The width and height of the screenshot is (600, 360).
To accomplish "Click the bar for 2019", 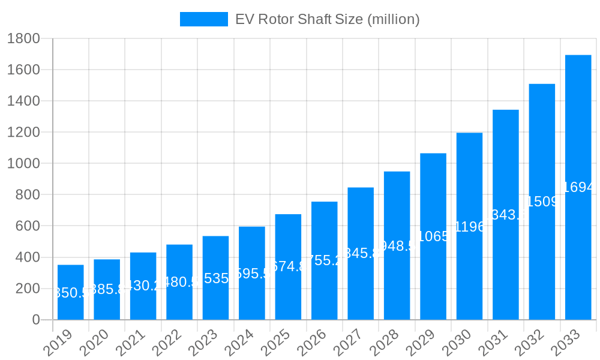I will tap(70, 292).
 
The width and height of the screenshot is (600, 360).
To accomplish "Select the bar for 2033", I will tap(578, 187).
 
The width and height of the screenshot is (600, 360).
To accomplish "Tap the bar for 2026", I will tap(324, 260).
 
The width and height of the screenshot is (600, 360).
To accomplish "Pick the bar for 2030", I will tap(469, 226).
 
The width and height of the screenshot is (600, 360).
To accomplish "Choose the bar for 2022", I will tap(179, 282).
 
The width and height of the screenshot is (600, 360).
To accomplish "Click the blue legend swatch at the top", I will tap(203, 19).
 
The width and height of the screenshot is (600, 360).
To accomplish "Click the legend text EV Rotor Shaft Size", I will tap(327, 19).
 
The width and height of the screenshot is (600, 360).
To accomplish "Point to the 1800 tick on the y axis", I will tap(23, 39).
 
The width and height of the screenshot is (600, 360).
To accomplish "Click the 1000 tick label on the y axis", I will tap(23, 164).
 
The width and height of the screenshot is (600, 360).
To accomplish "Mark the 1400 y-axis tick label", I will tap(23, 101).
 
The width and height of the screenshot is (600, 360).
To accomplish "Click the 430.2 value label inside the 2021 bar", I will tap(143, 286).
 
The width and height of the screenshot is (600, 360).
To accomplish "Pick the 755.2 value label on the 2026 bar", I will tap(324, 260).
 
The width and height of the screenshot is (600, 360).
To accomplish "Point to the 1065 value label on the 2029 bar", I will tap(433, 236).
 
